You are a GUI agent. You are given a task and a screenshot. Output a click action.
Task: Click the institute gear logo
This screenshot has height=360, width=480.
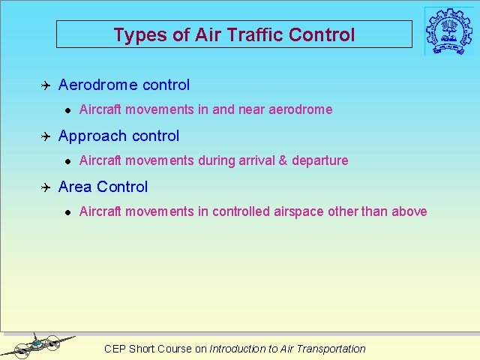click(x=449, y=31)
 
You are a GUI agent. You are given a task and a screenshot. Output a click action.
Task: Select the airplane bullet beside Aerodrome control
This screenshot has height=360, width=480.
click(x=46, y=85)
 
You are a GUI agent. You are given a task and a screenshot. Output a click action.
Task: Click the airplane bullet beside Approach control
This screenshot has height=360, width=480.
click(x=46, y=136)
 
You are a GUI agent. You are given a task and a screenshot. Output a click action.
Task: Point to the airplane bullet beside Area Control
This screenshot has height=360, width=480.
click(x=46, y=187)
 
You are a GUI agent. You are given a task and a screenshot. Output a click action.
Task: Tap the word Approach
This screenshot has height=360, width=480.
click(x=92, y=136)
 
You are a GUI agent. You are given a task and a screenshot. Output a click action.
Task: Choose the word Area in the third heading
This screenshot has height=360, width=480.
click(x=75, y=187)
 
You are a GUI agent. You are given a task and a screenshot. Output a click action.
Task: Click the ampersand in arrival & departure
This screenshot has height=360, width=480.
click(x=283, y=160)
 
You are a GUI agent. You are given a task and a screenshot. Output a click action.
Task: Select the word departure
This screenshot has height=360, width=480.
click(x=320, y=161)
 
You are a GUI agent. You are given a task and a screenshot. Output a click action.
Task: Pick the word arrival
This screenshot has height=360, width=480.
click(x=256, y=160)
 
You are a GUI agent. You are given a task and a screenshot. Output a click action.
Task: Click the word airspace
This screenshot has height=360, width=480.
click(x=298, y=212)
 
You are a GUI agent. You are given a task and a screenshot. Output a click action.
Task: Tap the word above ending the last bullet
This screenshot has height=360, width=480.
click(x=409, y=211)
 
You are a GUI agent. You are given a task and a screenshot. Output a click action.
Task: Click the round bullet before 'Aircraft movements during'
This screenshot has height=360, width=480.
click(x=68, y=162)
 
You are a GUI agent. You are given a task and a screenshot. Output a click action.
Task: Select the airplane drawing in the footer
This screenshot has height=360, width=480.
click(x=37, y=346)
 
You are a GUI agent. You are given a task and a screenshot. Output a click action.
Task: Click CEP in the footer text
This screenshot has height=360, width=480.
click(x=115, y=349)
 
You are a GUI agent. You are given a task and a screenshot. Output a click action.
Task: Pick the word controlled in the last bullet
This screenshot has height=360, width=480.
click(x=241, y=211)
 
